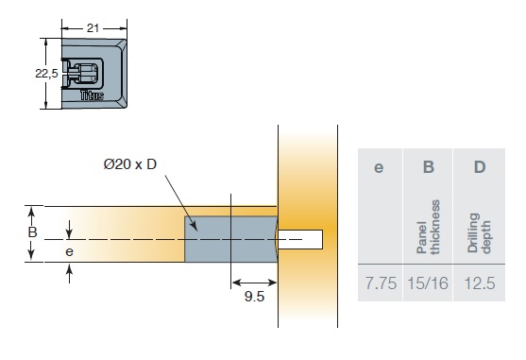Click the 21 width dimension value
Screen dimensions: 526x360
pyautogui.click(x=93, y=28)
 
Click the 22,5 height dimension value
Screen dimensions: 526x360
pyautogui.click(x=46, y=73)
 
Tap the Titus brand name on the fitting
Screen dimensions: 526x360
pyautogui.click(x=92, y=95)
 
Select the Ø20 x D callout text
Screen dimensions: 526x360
pyautogui.click(x=130, y=164)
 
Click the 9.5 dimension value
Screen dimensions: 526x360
pyautogui.click(x=254, y=297)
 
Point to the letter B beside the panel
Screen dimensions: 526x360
pyautogui.click(x=32, y=231)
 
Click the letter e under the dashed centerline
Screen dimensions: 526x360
pyautogui.click(x=70, y=251)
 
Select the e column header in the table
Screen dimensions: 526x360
pyautogui.click(x=379, y=167)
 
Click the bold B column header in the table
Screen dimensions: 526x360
pyautogui.click(x=429, y=166)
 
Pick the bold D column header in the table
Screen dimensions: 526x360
pyautogui.click(x=480, y=166)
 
